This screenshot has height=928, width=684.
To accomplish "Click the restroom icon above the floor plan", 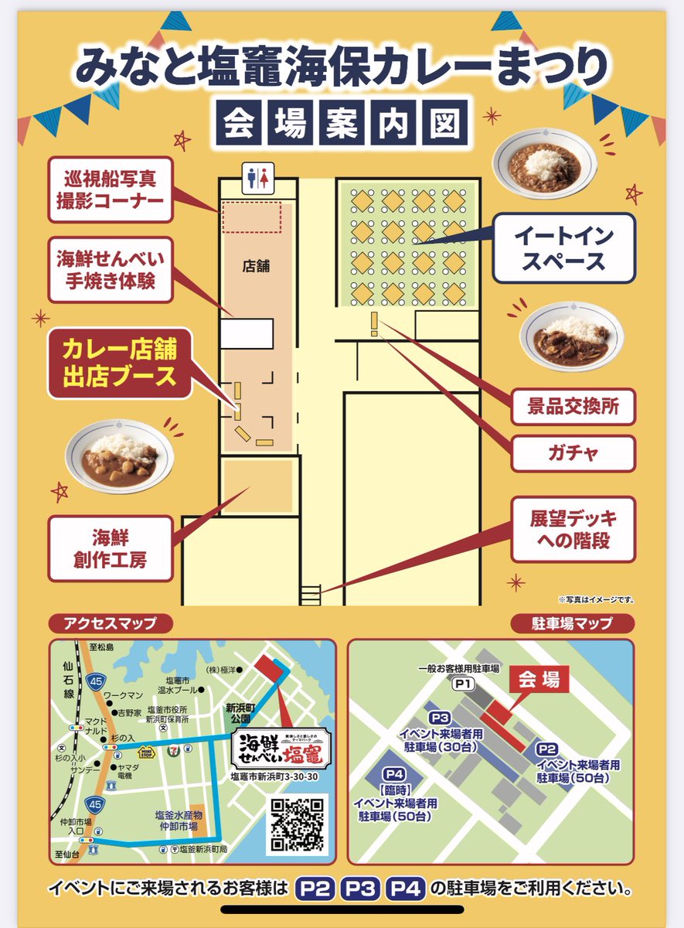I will pyautogui.click(x=258, y=178).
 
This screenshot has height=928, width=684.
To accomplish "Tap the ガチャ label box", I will pyautogui.click(x=573, y=453).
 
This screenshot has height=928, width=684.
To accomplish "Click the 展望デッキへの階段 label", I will pyautogui.click(x=573, y=530).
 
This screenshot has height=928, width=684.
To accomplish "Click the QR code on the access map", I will pyautogui.click(x=298, y=824).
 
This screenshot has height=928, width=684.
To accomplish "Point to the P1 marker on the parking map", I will pyautogui.click(x=463, y=684).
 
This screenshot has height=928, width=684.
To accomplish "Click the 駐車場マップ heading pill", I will pyautogui.click(x=573, y=623).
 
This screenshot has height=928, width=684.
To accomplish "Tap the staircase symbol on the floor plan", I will pyautogui.click(x=310, y=595).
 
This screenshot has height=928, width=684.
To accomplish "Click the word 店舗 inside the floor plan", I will pyautogui.click(x=255, y=265).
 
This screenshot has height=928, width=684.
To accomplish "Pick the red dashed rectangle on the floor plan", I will pyautogui.click(x=251, y=217).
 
